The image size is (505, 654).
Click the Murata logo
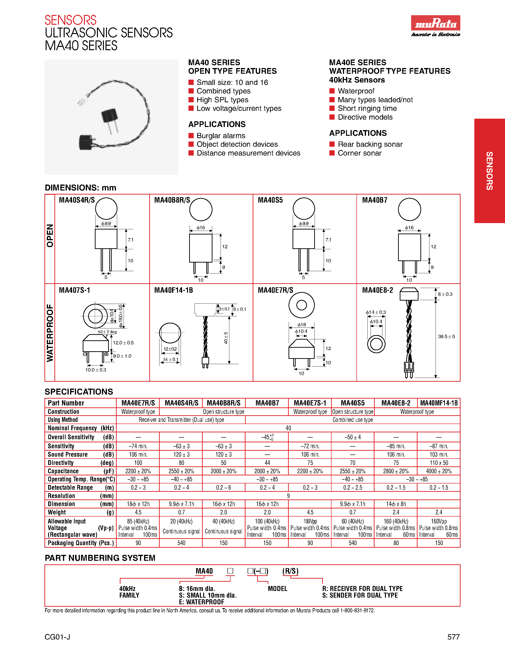pyautogui.click(x=435, y=23)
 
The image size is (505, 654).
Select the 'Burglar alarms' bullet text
pyautogui.click(x=221, y=136)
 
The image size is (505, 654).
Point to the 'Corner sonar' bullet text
pyautogui.click(x=359, y=153)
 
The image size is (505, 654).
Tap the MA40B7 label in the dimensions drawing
pyautogui.click(x=375, y=200)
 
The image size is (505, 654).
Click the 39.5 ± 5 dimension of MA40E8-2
pyautogui.click(x=446, y=337)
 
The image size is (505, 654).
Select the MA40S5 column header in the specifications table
pyautogui.click(x=353, y=403)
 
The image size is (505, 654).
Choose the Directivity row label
pyautogui.click(x=61, y=463)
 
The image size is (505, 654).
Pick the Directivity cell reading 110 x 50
pyautogui.click(x=439, y=463)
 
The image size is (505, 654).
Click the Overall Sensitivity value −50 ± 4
pyautogui.click(x=353, y=437)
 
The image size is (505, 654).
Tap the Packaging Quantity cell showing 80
pyautogui.click(x=396, y=543)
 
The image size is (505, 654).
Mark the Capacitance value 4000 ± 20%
pyautogui.click(x=439, y=471)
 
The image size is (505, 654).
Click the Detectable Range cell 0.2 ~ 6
pyautogui.click(x=223, y=488)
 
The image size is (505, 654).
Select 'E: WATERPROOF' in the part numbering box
pyautogui.click(x=201, y=602)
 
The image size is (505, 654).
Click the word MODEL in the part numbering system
pyautogui.click(x=277, y=589)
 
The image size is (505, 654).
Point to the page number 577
pyautogui.click(x=453, y=637)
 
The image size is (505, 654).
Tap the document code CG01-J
pyautogui.click(x=58, y=637)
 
